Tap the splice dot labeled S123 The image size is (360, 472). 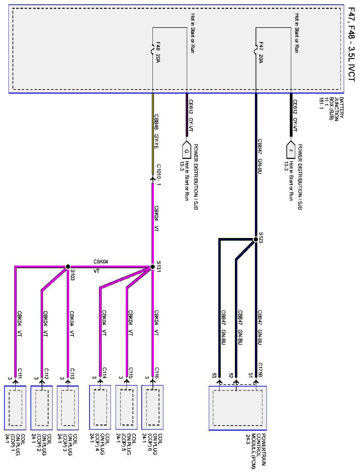click(256, 240)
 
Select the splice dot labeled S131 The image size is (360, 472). click(152, 267)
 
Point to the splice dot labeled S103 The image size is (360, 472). click(68, 267)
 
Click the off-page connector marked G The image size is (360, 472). click(186, 151)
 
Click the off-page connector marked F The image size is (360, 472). click(291, 151)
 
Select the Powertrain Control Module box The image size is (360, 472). click(238, 408)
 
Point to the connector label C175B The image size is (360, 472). click(260, 370)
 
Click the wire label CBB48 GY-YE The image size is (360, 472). click(157, 132)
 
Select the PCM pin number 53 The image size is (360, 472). click(214, 376)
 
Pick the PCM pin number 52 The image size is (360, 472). click(231, 376)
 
